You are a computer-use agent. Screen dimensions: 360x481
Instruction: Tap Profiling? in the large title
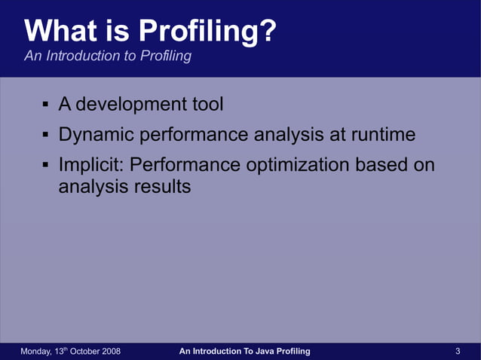coord(208,31)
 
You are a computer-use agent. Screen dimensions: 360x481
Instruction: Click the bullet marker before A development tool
coord(45,105)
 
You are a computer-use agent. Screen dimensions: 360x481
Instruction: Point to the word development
coord(133,104)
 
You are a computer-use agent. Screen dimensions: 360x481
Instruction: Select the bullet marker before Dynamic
coord(45,136)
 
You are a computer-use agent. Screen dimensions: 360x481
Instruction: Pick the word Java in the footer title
coord(267,352)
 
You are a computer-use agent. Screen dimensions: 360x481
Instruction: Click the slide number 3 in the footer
coord(458,352)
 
